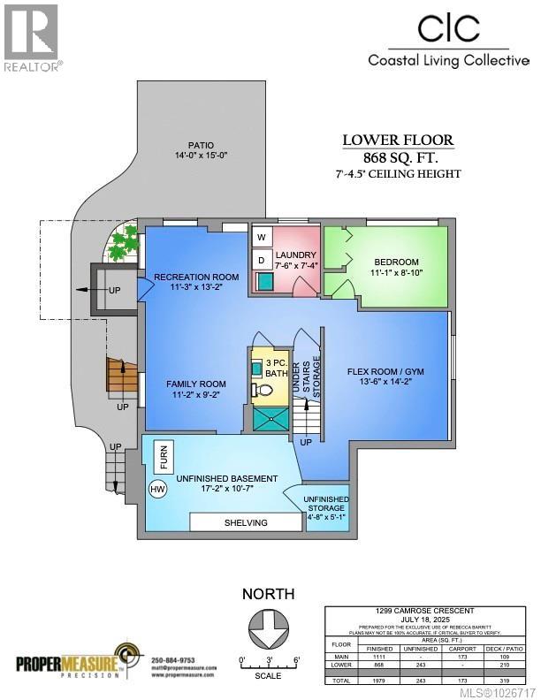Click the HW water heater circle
coord(158,489)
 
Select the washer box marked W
coord(262,238)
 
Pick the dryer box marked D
coord(262,261)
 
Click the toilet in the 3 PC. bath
coord(257,388)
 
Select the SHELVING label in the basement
coord(245,522)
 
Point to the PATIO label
coord(200,147)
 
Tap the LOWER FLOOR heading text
coord(398,140)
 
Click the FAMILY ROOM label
coord(196,384)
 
